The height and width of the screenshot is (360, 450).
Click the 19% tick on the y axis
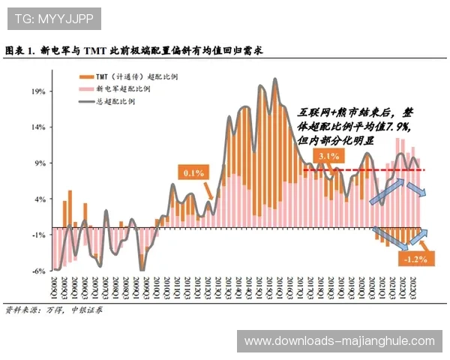point(37,91)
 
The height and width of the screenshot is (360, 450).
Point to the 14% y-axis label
point(37,127)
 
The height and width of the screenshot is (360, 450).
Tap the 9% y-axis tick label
point(39,163)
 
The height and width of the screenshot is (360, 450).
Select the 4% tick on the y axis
point(39,199)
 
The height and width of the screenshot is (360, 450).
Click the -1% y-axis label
point(37,235)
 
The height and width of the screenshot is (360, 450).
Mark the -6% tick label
point(37,271)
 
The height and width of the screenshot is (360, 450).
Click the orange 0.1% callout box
point(193,172)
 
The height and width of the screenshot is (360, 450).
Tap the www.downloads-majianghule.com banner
point(340,341)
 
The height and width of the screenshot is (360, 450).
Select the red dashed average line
point(360,170)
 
